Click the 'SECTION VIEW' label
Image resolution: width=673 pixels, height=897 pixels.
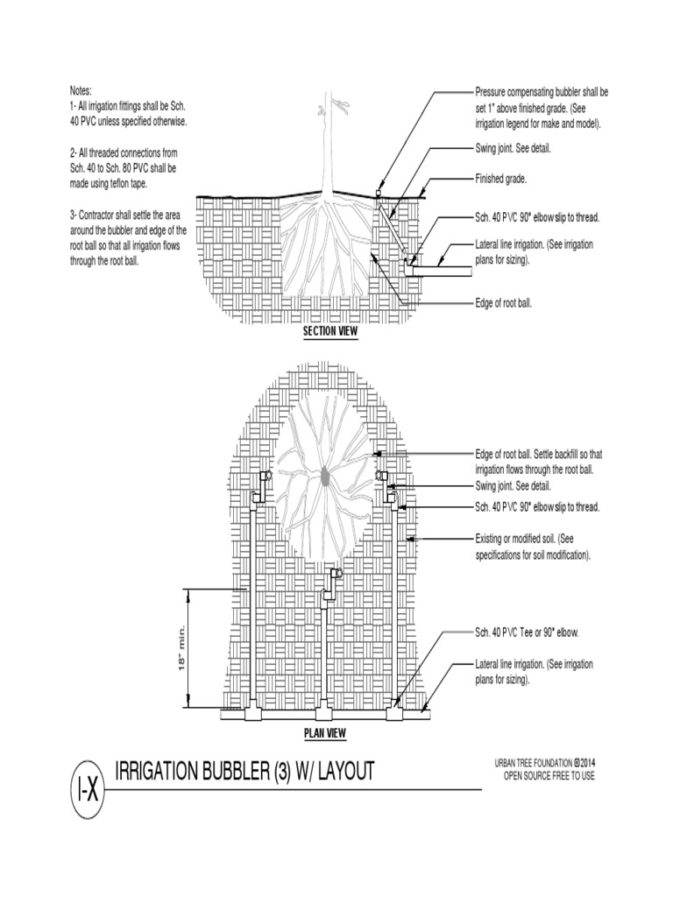(x=324, y=332)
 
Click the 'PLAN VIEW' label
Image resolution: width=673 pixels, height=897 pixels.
(x=325, y=733)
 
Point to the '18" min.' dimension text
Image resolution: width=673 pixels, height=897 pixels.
(x=183, y=649)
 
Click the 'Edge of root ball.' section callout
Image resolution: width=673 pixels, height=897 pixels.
(x=503, y=303)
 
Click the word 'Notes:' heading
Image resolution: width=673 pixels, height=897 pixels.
(x=81, y=91)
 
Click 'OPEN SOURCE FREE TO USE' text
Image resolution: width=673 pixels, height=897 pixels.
(x=549, y=777)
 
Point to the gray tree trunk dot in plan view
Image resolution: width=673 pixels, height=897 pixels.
(x=326, y=477)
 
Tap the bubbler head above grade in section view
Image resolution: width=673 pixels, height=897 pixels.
(x=378, y=192)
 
